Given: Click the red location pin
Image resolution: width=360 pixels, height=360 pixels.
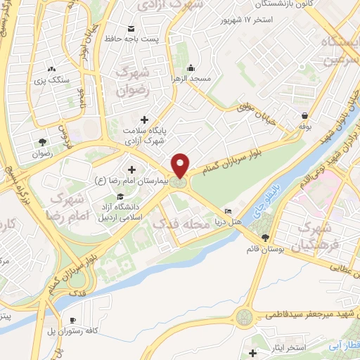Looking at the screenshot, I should [181, 165].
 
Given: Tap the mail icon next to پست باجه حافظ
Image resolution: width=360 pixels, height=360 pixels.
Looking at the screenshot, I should [131, 28].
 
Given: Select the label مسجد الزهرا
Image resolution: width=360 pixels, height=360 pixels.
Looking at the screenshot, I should [190, 79].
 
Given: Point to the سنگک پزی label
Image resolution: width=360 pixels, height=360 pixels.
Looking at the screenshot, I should [54, 80].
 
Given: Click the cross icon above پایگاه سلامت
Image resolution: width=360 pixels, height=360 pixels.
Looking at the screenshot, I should [145, 120].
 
